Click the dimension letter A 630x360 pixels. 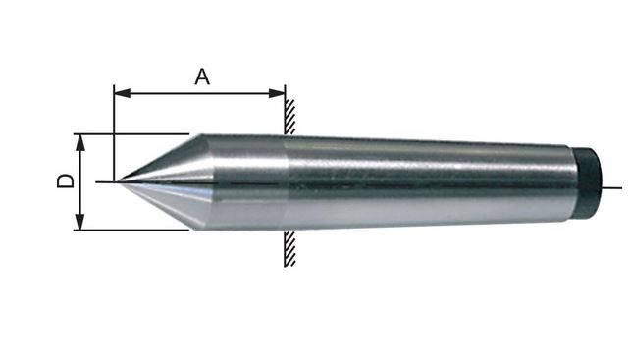tap(202, 77)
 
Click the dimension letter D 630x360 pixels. tap(66, 180)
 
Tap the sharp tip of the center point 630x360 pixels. tap(117, 182)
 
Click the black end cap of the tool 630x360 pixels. tap(589, 182)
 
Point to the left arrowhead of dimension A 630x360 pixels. tap(122, 93)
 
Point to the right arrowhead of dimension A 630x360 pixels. tap(277, 93)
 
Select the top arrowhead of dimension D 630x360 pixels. tap(80, 142)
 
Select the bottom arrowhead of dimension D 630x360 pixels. tap(80, 223)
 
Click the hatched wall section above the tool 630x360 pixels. tap(289, 117)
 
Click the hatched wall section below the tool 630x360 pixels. tap(289, 249)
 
